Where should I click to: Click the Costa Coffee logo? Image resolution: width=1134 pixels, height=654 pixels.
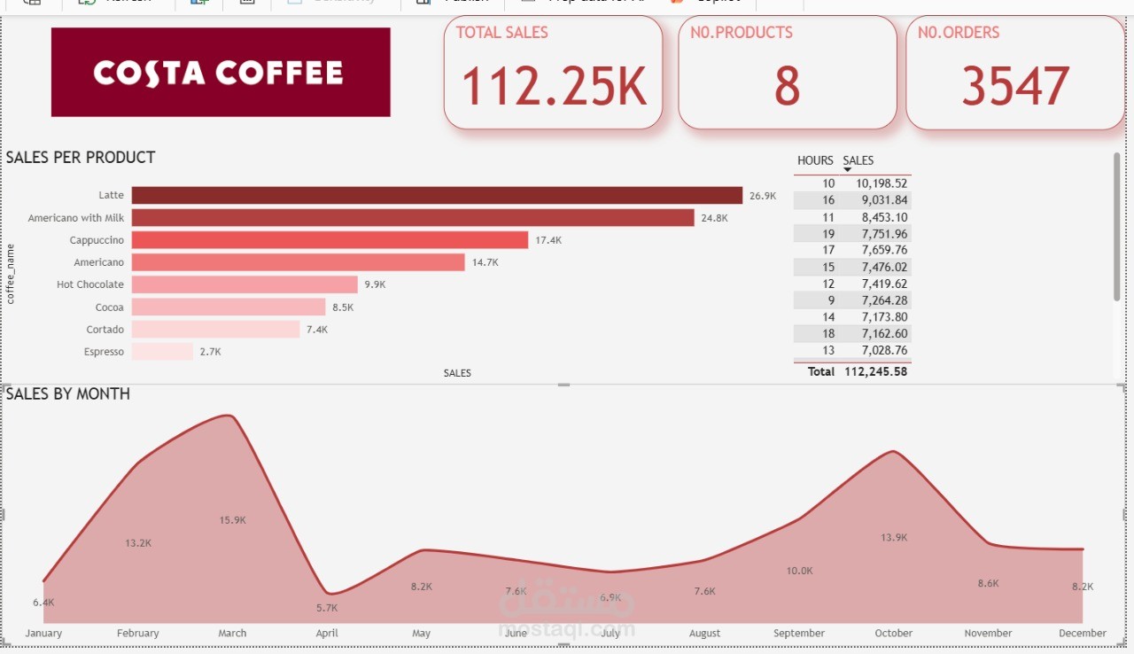pos(220,73)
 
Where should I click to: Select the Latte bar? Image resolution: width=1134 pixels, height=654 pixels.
pos(437,196)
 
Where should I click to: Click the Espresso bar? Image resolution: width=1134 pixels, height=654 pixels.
pos(162,352)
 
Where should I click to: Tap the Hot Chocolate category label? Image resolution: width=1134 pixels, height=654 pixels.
pos(90,284)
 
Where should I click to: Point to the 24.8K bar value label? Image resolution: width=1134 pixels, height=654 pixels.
pos(714,218)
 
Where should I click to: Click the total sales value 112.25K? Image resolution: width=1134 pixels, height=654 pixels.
pos(554,87)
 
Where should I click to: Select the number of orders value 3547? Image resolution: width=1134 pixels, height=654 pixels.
pos(1015,87)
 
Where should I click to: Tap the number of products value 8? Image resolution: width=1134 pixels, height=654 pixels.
pos(787,87)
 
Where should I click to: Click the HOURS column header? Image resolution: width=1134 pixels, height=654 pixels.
pos(815,160)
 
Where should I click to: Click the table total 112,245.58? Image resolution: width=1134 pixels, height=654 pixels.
pos(875,372)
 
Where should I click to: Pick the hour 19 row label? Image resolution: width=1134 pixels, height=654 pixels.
pos(828,234)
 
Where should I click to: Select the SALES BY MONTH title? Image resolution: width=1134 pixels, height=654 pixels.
pos(68,394)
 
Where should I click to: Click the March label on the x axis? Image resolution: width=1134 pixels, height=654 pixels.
pos(232,634)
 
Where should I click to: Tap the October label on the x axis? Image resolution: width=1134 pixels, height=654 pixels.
pos(893,634)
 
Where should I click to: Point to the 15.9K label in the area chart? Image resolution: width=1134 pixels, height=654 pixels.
pos(232,520)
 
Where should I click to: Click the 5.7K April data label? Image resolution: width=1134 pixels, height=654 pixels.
pos(327,608)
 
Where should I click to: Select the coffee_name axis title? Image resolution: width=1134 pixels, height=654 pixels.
pos(12,274)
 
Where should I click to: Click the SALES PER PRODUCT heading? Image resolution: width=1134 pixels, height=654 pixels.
pos(81,158)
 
